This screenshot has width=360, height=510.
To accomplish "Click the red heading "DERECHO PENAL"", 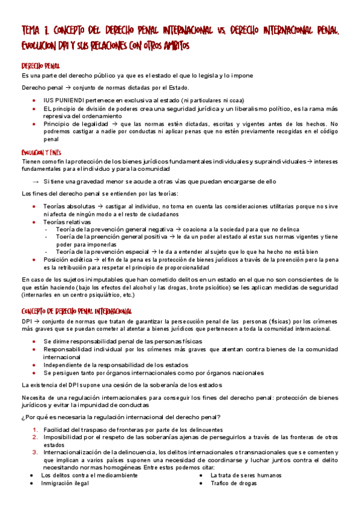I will click(40, 66).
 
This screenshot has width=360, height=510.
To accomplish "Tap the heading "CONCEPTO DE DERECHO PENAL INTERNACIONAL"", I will click(77, 311).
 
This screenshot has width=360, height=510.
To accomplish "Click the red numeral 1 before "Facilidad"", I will click(35, 429).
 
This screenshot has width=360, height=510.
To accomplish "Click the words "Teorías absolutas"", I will click(68, 206).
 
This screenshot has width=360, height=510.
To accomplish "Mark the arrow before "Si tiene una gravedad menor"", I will click(35, 180).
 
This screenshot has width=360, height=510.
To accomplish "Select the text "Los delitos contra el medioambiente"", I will click(89, 475).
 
